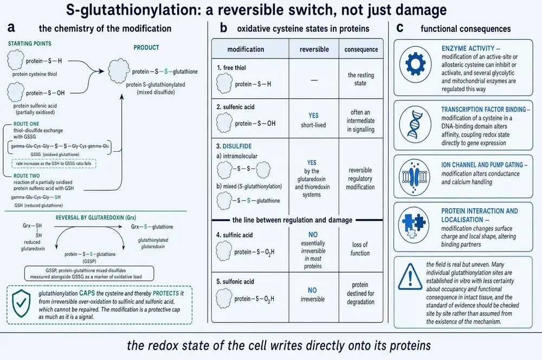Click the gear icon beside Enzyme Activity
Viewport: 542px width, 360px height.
coord(415,65)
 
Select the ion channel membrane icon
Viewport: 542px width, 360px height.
coord(415,176)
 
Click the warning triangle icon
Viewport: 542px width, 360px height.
coord(410,277)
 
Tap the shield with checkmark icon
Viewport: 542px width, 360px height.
coord(21,303)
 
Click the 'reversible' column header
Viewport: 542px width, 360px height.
coord(314,49)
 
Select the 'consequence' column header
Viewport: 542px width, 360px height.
coord(361,49)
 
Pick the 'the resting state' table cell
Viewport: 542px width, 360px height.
coord(361,79)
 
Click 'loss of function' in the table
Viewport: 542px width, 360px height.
coord(360,249)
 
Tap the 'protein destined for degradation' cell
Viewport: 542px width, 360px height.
coord(360,293)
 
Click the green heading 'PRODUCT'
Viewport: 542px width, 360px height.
coord(146,47)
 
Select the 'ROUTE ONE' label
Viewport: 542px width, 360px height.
coord(26,124)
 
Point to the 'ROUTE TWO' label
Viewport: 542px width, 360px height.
coord(27,176)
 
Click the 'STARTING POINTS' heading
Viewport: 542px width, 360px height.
coord(30,43)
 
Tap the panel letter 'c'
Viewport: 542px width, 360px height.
coord(400,28)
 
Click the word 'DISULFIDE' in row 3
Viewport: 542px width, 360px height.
coord(237,146)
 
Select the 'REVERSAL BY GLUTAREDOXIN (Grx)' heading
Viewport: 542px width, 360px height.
coord(96,217)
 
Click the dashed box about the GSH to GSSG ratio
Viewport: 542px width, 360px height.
coord(54,164)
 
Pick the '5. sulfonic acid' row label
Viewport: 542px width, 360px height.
coord(235,281)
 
